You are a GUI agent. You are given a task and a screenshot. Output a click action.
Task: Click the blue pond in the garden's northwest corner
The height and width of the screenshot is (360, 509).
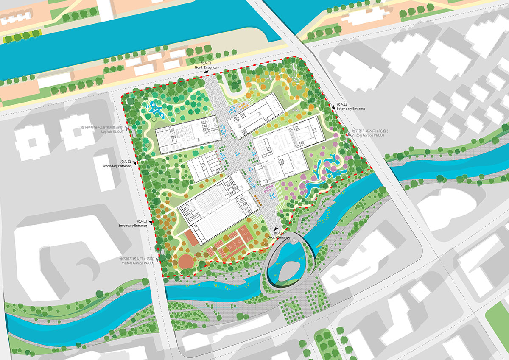[x=155, y=109]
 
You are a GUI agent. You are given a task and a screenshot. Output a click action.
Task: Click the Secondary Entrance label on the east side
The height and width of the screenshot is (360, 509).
[x=350, y=109]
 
